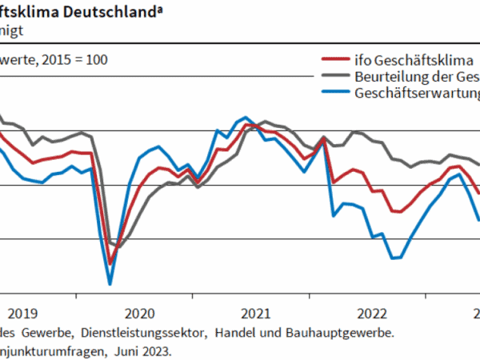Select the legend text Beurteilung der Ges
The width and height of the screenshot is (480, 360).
click(x=415, y=76)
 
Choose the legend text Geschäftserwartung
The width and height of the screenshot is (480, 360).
click(x=415, y=93)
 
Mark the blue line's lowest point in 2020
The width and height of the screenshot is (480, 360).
click(x=110, y=283)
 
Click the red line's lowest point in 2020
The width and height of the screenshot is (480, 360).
click(x=110, y=263)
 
